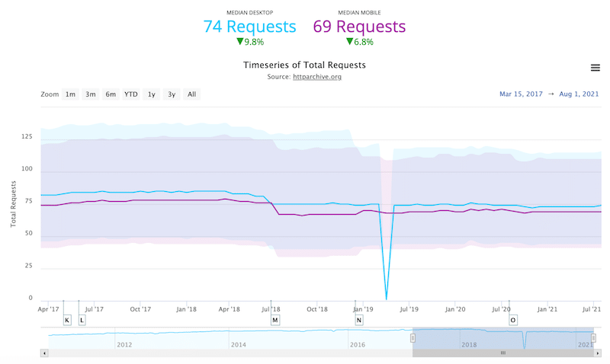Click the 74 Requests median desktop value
[249, 27]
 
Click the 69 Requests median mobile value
[359, 27]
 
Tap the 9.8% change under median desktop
[249, 43]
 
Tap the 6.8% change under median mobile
[359, 43]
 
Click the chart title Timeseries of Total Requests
[304, 65]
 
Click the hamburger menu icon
[596, 68]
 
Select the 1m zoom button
[70, 94]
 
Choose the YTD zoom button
[131, 94]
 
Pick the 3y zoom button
[172, 94]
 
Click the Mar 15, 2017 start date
[522, 94]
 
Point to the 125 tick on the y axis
[27, 137]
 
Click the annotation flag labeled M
[274, 320]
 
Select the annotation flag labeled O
[513, 320]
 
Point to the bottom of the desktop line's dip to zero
[387, 299]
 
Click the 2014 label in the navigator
[239, 345]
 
